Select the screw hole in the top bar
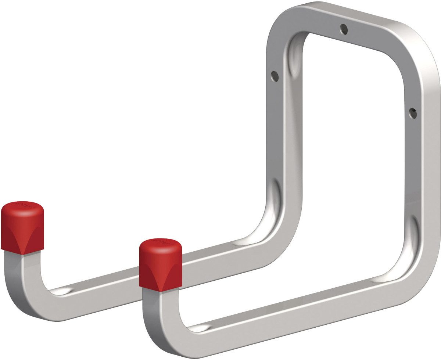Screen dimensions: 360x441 point(344,29)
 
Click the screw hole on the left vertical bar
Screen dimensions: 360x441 point(275,76)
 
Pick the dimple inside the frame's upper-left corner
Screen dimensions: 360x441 point(294,59)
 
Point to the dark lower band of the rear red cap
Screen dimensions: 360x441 point(22,242)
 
